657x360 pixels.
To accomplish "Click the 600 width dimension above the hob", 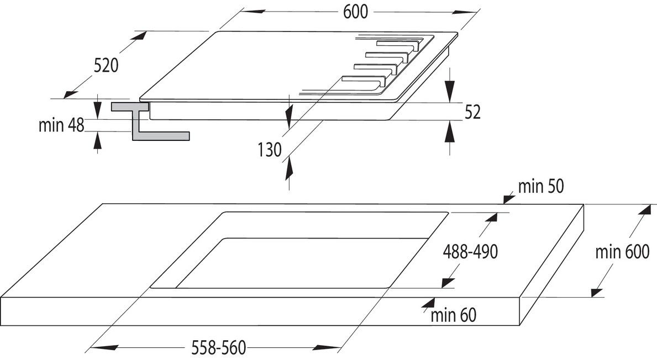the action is (355, 12).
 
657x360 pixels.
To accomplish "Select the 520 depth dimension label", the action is (106, 65).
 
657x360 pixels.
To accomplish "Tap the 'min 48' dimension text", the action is (61, 125).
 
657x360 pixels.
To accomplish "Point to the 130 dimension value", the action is (270, 150).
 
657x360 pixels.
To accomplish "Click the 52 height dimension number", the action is (472, 112).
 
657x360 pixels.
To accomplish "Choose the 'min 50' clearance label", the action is (541, 186).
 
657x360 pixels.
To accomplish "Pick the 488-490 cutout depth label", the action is (471, 252).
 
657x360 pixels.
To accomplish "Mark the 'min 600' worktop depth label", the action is (623, 252).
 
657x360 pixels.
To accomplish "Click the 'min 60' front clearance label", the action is (453, 315).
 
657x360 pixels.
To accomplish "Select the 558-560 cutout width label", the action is (219, 347).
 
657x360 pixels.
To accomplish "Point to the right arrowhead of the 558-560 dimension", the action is (329, 347).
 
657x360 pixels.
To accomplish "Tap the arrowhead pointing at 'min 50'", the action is (509, 198).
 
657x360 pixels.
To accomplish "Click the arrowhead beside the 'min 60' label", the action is (428, 302).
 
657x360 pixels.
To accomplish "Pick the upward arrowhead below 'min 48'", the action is (97, 140).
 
